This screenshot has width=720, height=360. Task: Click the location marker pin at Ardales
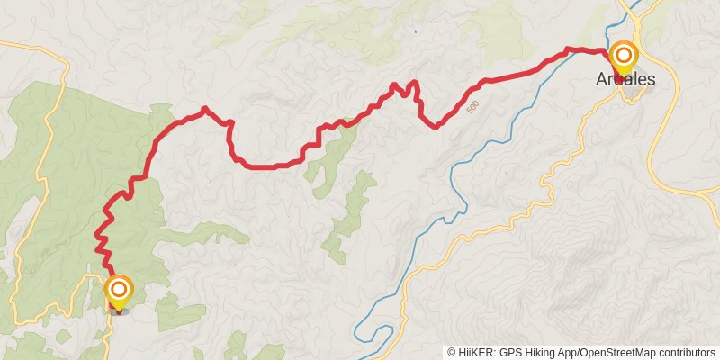pyautogui.click(x=624, y=59)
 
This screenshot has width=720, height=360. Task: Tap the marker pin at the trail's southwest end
pyautogui.click(x=119, y=292)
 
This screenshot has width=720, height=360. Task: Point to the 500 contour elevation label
pyautogui.click(x=473, y=108)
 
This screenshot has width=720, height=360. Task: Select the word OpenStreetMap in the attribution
pyautogui.click(x=613, y=353)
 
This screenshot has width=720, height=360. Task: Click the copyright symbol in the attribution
pyautogui.click(x=452, y=353)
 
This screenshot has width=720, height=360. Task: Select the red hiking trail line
pyautogui.click(x=270, y=166)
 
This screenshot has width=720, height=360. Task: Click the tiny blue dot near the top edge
pyautogui.click(x=416, y=32)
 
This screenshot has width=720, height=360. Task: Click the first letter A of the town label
pyautogui.click(x=601, y=80)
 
